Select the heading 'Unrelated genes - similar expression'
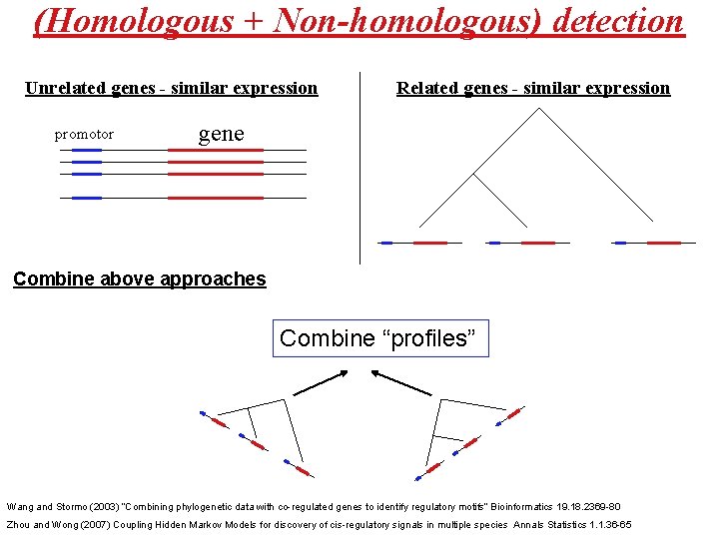pyautogui.click(x=171, y=88)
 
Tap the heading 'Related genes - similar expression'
pyautogui.click(x=533, y=88)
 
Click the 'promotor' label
pyautogui.click(x=84, y=134)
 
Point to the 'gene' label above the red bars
pyautogui.click(x=221, y=133)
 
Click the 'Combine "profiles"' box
pyautogui.click(x=380, y=338)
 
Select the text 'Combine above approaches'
pyautogui.click(x=140, y=279)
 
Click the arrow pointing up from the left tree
pyautogui.click(x=320, y=383)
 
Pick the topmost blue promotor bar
pyautogui.click(x=87, y=150)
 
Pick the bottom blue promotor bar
pyautogui.click(x=87, y=198)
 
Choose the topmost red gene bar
pyautogui.click(x=215, y=150)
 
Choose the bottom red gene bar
pyautogui.click(x=215, y=198)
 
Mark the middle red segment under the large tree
pyautogui.click(x=537, y=243)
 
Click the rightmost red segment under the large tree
pyautogui.click(x=664, y=243)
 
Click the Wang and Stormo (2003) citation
pyautogui.click(x=314, y=507)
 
